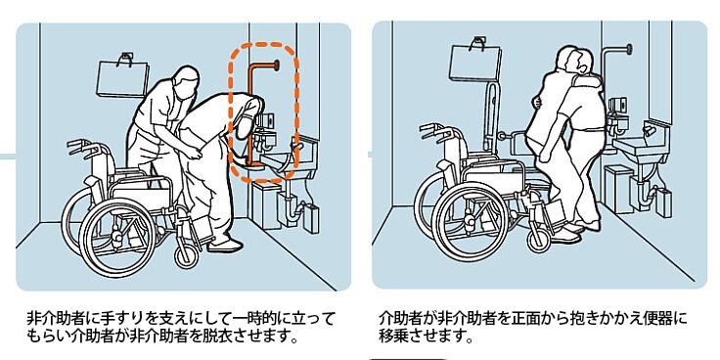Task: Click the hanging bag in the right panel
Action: (x=475, y=64)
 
